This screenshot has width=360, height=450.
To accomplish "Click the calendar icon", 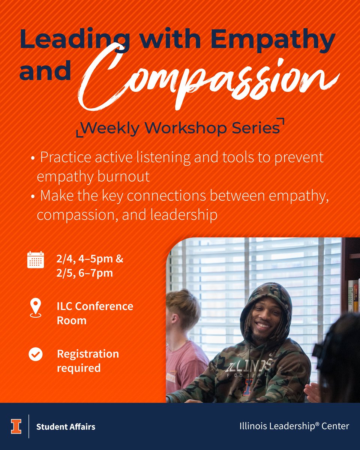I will tap(36, 259).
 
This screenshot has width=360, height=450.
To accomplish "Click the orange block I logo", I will tap(16, 426).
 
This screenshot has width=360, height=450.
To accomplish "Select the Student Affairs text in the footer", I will tap(66, 427).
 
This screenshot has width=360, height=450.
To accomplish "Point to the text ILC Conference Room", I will tap(94, 313).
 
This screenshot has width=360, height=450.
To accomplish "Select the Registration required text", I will tap(88, 361).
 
